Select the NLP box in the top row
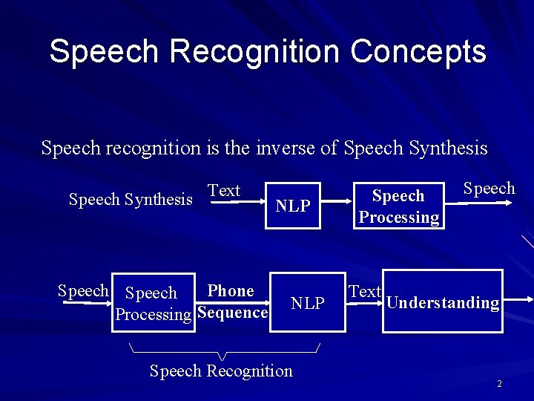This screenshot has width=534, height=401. point(293,206)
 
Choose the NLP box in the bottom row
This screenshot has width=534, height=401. point(308,302)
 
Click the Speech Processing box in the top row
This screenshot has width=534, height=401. point(398,206)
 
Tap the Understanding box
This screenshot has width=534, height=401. point(443,301)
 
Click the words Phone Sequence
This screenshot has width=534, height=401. point(231,301)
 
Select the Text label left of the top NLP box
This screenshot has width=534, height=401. point(224,191)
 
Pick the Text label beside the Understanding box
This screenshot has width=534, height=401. point(364,292)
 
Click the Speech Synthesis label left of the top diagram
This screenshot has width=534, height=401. point(131,199)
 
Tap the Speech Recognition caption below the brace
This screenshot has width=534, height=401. point(221,371)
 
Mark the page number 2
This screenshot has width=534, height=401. point(499,384)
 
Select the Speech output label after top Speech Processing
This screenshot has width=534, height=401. point(489,189)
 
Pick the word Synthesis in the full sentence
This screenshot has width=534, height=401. point(447,148)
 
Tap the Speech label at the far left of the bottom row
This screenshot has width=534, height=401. point(83,291)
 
